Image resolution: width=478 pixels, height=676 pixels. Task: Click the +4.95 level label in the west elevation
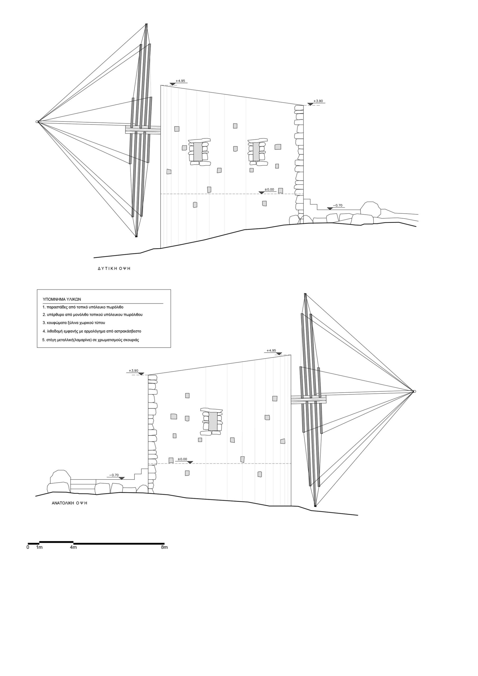pyautogui.click(x=180, y=81)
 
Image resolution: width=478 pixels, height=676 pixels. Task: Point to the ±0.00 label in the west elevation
pyautogui.click(x=269, y=190)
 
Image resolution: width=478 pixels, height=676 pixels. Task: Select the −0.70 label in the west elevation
pyautogui.click(x=338, y=205)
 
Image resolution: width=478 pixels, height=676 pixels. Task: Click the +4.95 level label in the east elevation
pyautogui.click(x=271, y=350)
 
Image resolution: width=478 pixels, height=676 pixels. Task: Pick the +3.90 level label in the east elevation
pyautogui.click(x=133, y=371)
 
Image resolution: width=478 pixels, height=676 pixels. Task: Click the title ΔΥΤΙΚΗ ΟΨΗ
pyautogui.click(x=114, y=269)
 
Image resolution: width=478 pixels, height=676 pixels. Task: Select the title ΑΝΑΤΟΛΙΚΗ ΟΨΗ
pyautogui.click(x=69, y=503)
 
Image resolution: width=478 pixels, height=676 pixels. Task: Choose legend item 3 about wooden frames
pyautogui.click(x=74, y=323)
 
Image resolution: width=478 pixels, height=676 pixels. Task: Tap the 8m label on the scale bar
pyautogui.click(x=164, y=547)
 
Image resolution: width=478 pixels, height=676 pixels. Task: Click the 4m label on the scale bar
pyautogui.click(x=73, y=547)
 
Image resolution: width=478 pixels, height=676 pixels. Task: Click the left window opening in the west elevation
pyautogui.click(x=198, y=152)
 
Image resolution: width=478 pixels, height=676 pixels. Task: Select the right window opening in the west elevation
pyautogui.click(x=256, y=152)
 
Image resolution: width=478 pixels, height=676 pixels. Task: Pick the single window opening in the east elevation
pyautogui.click(x=213, y=421)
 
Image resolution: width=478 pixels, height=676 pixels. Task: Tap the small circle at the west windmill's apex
pyautogui.click(x=37, y=121)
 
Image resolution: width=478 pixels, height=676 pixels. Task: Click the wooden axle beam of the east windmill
pyautogui.click(x=309, y=400)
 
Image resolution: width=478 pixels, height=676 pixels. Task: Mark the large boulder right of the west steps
pyautogui.click(x=370, y=208)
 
